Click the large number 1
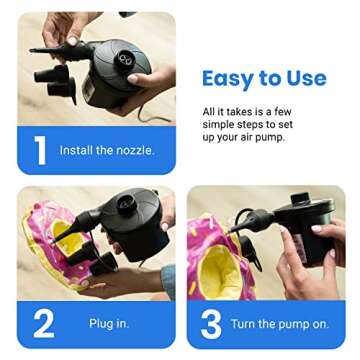(x=39, y=150)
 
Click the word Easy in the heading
(x=232, y=78)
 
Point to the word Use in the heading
(x=303, y=78)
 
